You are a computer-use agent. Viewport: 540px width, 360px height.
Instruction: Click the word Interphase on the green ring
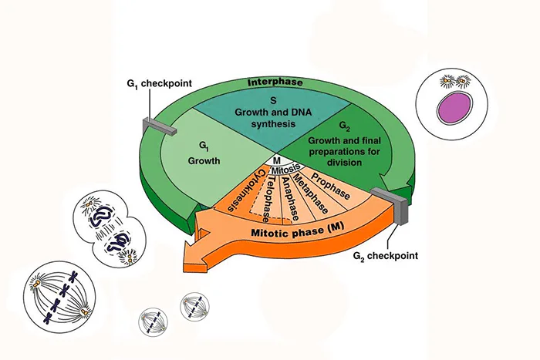pyautogui.click(x=275, y=82)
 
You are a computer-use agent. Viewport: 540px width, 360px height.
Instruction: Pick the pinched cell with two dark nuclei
pyautogui.click(x=109, y=230)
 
